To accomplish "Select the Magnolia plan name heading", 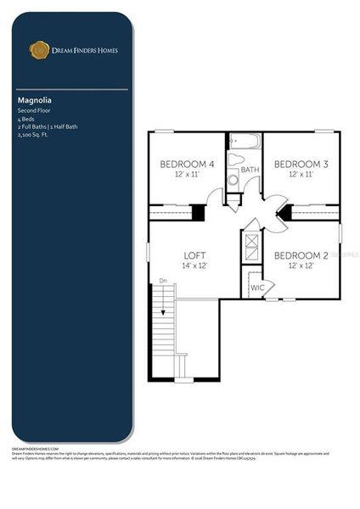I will pos(33,99).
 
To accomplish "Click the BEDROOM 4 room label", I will pos(188,164).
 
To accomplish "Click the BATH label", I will pos(250,171).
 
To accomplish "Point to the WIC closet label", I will pos(257,288).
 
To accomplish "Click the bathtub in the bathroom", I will pos(237,159).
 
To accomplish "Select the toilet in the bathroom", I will pos(233,180).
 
